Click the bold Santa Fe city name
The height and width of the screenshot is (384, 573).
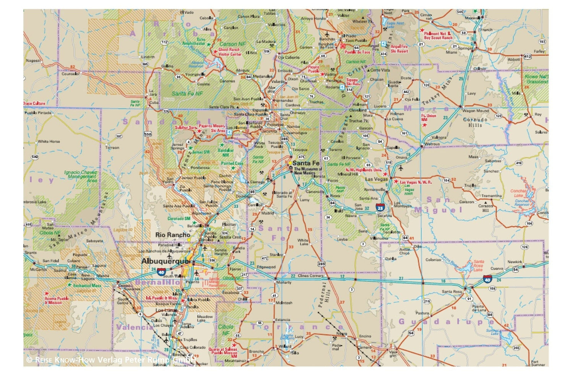pyautogui.click(x=306, y=163)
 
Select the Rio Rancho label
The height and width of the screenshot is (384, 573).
pyautogui.click(x=172, y=235)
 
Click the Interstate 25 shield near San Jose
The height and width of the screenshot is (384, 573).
pyautogui.click(x=380, y=208)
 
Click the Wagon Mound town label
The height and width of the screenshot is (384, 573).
pyautogui.click(x=475, y=111)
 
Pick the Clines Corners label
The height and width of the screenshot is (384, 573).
pyautogui.click(x=310, y=275)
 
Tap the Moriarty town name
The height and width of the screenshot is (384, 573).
pyautogui.click(x=283, y=282)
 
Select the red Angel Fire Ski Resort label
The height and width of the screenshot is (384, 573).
pyautogui.click(x=399, y=49)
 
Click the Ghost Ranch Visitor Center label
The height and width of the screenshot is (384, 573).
pyautogui.click(x=230, y=52)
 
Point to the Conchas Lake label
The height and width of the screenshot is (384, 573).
pyautogui.click(x=518, y=193)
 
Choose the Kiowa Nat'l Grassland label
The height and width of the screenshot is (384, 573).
pyautogui.click(x=537, y=79)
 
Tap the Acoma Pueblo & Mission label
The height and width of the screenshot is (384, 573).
pyautogui.click(x=57, y=300)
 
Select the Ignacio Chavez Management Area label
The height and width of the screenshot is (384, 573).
pyautogui.click(x=81, y=176)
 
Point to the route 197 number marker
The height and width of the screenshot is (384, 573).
pyautogui.click(x=119, y=136)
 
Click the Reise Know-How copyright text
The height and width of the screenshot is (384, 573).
pyautogui.click(x=111, y=360)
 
